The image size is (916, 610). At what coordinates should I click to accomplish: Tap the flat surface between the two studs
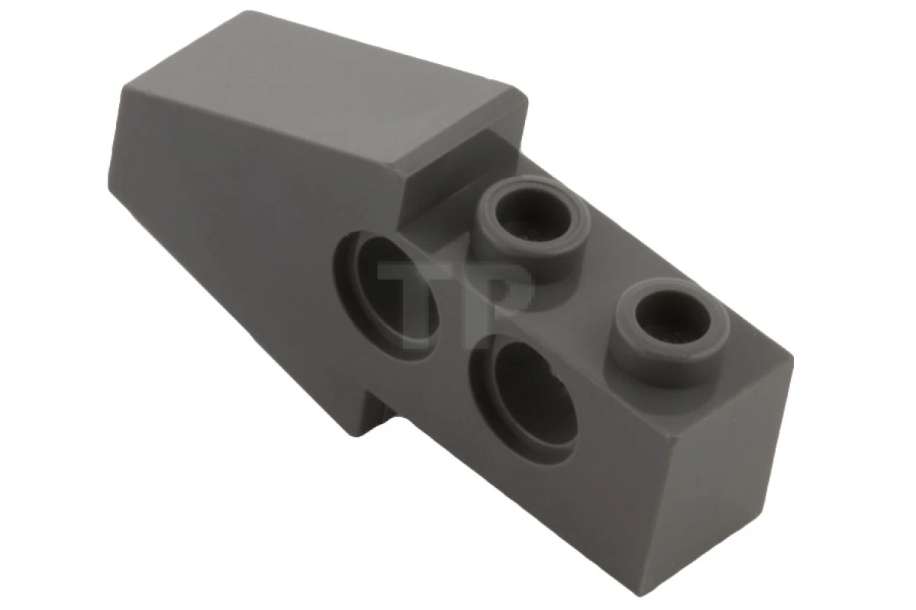(603, 282)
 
